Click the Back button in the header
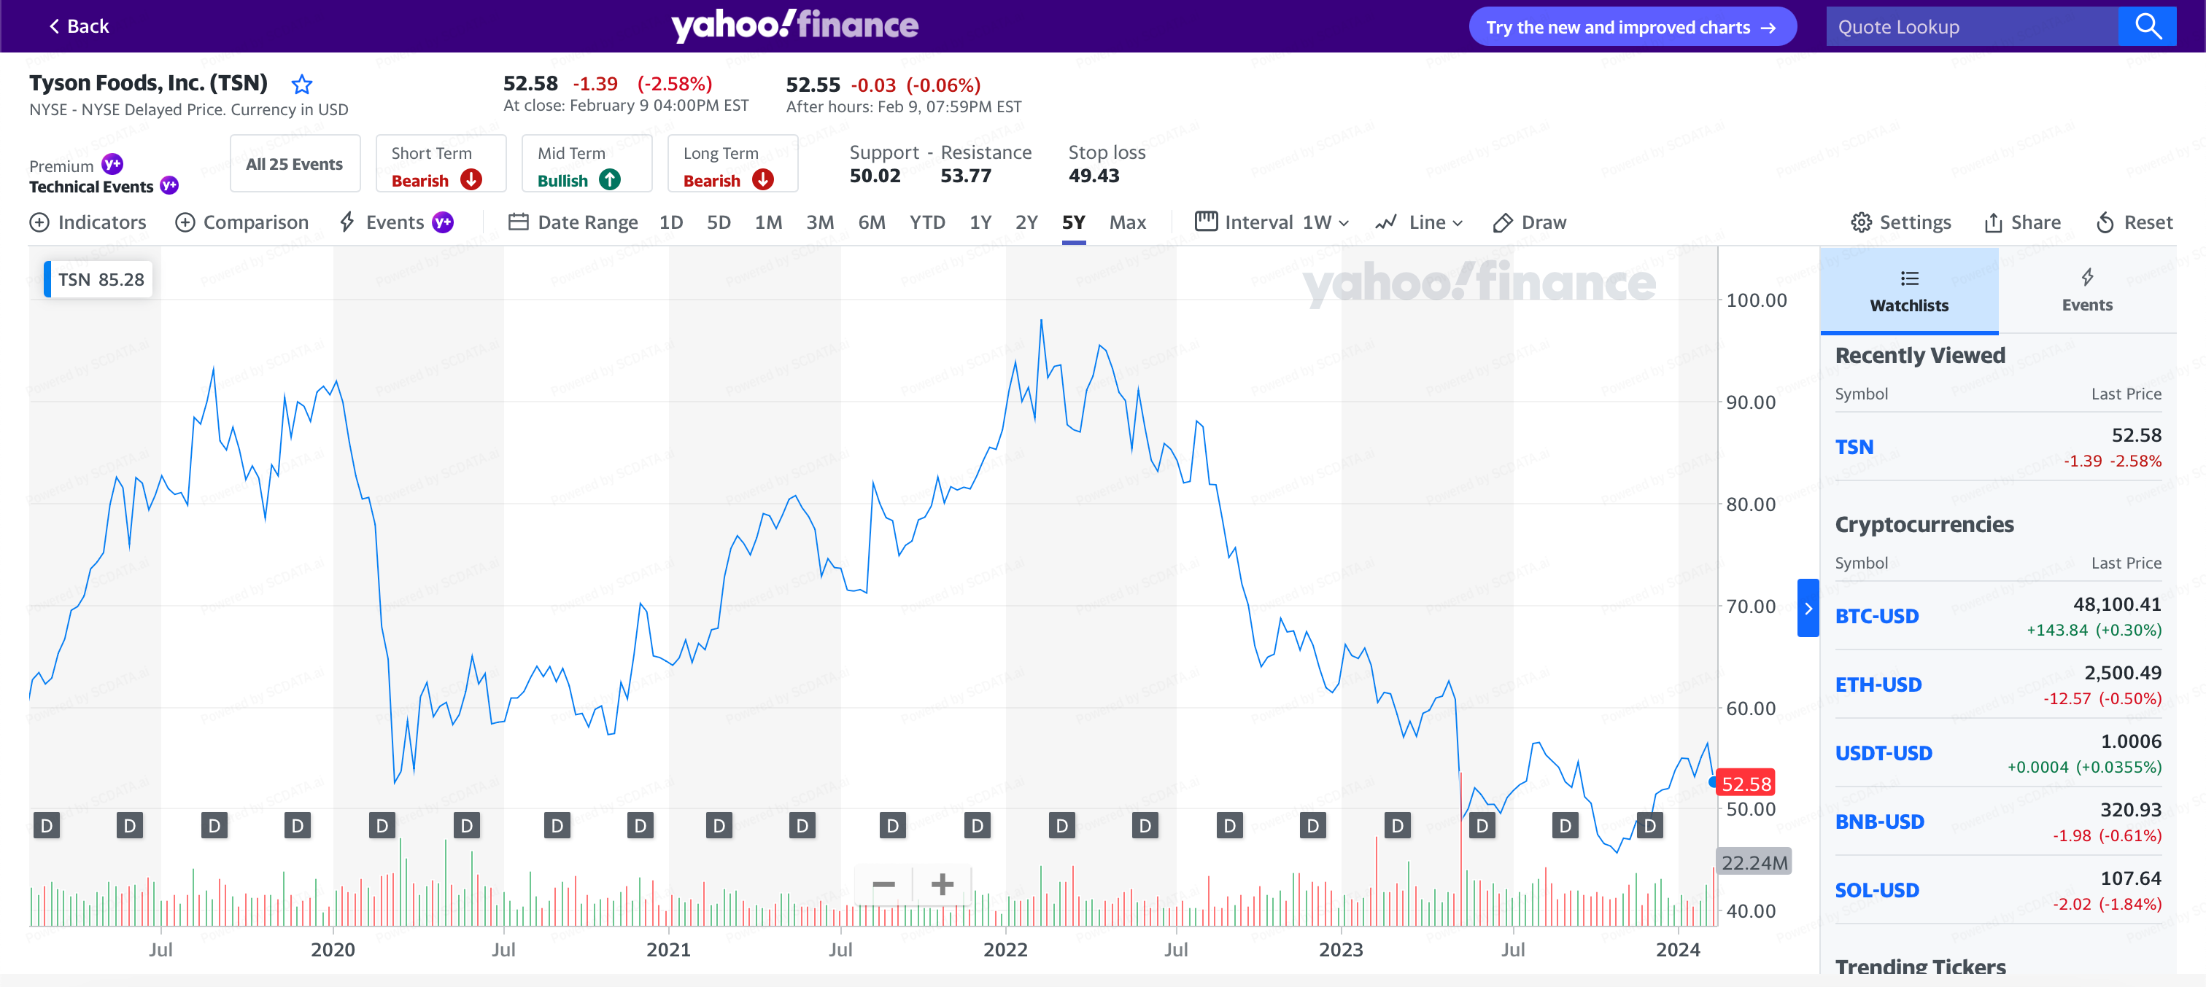(79, 26)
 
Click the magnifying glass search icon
(2147, 26)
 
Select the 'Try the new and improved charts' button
(1631, 28)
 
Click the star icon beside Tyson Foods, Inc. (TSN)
(301, 84)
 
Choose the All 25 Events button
(294, 164)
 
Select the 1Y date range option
(980, 222)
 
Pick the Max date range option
(1127, 222)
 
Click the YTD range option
(926, 222)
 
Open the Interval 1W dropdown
(1272, 222)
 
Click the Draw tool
(1530, 222)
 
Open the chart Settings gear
(1900, 222)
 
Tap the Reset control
(2134, 222)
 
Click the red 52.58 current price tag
(1745, 784)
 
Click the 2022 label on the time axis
(1005, 949)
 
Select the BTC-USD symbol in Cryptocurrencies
(1876, 617)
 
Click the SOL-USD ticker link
(1876, 890)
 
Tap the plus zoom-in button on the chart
(942, 884)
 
